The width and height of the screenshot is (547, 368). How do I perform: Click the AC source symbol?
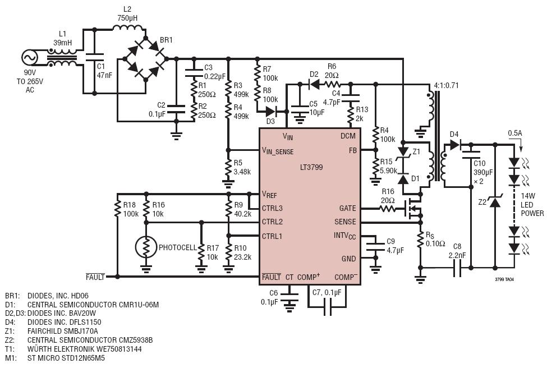[30, 58]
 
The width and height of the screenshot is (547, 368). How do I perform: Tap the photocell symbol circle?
[146, 247]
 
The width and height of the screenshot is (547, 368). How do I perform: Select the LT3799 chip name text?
[311, 167]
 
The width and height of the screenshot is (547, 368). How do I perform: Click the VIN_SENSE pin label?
[278, 151]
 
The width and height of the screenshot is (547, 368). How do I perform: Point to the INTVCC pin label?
[344, 236]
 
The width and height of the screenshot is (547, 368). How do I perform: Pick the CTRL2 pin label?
[272, 222]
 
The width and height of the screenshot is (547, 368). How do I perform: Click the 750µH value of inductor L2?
[127, 18]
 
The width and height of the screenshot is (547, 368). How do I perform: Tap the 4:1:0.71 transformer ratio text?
[446, 85]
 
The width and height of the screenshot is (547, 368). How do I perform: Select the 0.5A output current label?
[515, 134]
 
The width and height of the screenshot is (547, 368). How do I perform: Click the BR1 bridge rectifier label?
[166, 40]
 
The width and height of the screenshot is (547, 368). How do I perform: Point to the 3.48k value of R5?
[242, 172]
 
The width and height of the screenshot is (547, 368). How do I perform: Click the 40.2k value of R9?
[243, 214]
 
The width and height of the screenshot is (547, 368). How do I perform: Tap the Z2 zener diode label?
[482, 202]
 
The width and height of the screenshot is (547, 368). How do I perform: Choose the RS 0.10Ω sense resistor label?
[435, 240]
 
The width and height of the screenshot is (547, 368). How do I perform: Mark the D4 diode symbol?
[455, 144]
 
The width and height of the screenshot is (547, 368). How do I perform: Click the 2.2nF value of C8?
[457, 255]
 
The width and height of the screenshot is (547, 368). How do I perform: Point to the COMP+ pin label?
[309, 277]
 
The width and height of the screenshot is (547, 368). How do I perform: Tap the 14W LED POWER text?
[532, 204]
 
